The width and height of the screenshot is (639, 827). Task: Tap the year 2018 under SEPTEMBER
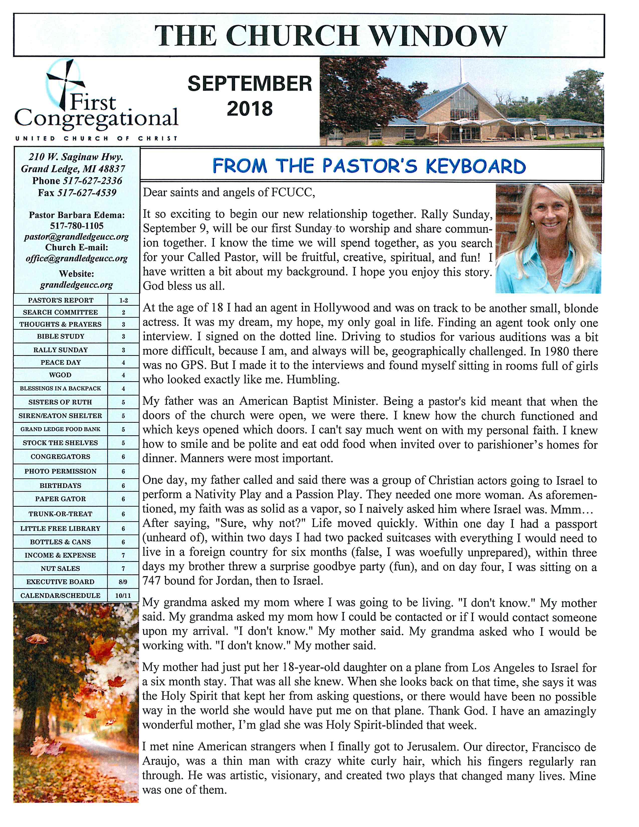coord(250,109)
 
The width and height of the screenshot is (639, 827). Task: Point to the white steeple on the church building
coord(461,70)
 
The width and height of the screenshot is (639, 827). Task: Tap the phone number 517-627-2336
coord(92,181)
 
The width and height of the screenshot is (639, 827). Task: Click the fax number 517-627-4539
coord(87,193)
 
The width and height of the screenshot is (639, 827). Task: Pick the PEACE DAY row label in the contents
coord(61,362)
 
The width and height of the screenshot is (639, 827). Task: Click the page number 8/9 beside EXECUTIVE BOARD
coord(123,582)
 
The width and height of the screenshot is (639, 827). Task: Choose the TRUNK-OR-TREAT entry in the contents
coord(61,514)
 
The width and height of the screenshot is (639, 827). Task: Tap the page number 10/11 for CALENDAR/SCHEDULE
coord(123,596)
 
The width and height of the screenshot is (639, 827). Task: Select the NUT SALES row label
coord(61,568)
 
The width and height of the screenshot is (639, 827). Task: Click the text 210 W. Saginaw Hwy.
coord(76,157)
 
